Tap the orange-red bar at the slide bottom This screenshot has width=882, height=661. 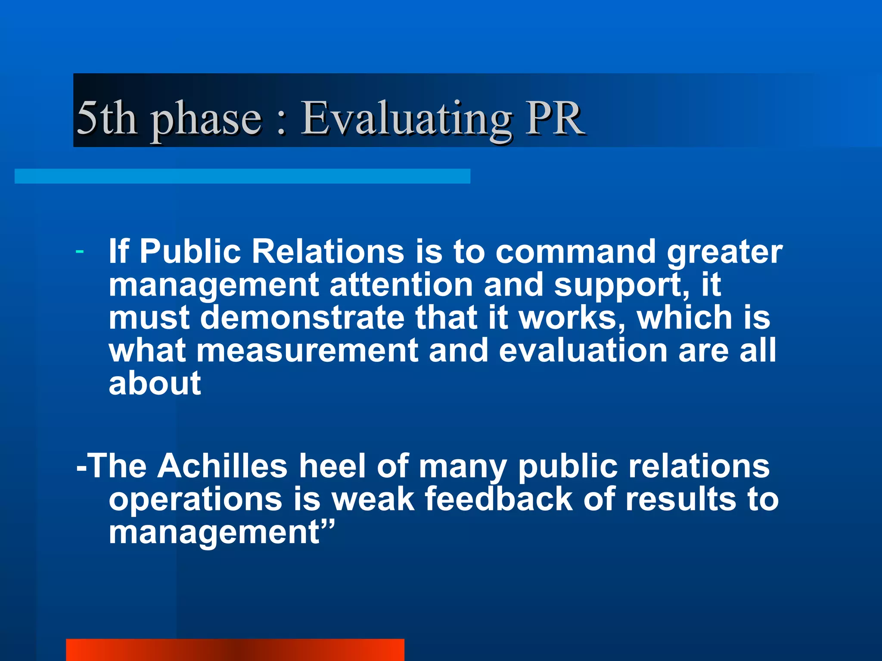tap(235, 650)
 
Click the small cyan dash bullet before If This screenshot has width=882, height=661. tap(79, 251)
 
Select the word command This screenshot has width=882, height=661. tap(575, 251)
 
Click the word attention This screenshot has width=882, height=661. tap(401, 285)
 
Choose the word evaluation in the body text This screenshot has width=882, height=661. tap(583, 351)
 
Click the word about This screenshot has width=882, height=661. tap(155, 383)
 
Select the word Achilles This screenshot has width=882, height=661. tap(222, 466)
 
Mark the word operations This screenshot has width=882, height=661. tap(196, 499)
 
